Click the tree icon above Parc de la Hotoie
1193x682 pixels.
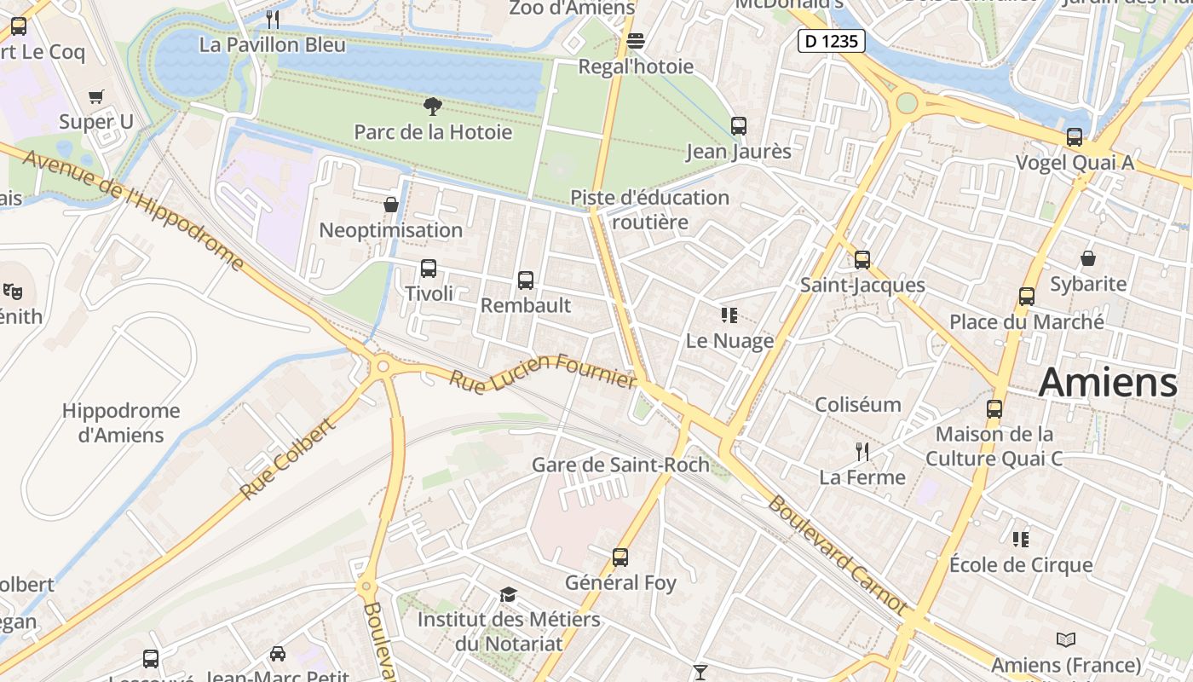pos(433,107)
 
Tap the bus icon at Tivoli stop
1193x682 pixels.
pos(429,269)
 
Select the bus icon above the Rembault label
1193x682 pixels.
pos(526,280)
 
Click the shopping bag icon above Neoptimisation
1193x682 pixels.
pos(391,205)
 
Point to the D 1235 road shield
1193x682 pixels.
pos(832,40)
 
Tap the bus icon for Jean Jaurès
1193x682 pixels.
pos(739,126)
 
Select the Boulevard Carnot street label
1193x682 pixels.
pos(838,554)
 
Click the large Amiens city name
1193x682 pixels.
pos(1108,381)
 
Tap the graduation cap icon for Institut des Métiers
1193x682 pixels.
pos(508,594)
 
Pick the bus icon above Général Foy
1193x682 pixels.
pos(620,558)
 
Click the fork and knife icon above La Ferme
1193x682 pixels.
pos(862,451)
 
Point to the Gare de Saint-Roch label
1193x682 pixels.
pos(620,465)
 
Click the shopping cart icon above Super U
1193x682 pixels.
pos(96,96)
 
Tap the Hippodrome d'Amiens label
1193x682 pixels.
pos(121,422)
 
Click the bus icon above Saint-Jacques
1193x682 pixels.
pos(862,259)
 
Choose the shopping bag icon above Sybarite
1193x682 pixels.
pos(1088,257)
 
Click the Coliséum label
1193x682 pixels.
pos(858,404)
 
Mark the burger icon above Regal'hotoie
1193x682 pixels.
pos(636,41)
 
